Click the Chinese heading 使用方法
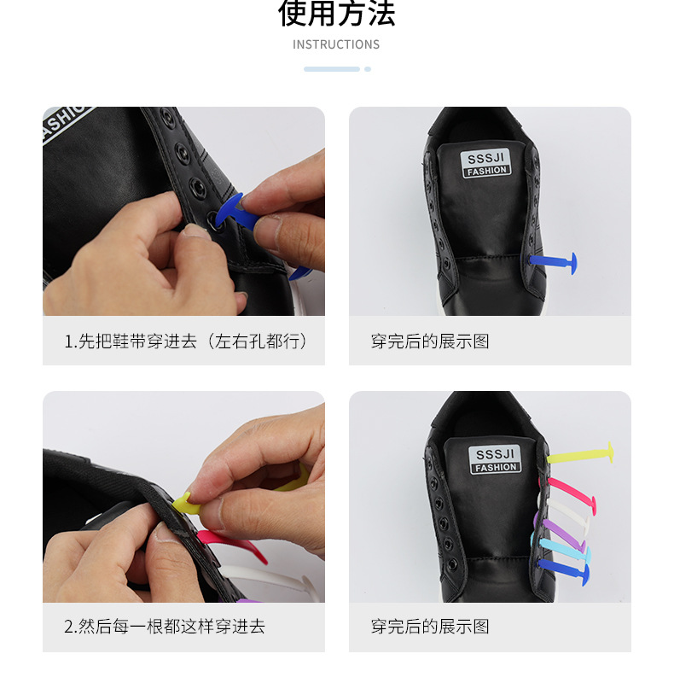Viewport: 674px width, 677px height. tap(336, 14)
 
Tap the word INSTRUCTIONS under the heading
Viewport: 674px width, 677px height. tap(336, 44)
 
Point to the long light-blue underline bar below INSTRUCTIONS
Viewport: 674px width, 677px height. tap(332, 69)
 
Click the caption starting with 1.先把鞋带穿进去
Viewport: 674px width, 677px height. tap(185, 341)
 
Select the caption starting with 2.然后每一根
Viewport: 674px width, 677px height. tap(165, 627)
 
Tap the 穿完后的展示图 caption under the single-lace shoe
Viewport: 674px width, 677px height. tap(430, 341)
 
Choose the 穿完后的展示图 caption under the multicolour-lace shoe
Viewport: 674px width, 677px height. tap(430, 627)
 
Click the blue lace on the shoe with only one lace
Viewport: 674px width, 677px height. tap(552, 260)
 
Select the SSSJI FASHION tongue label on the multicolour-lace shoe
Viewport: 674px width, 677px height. tap(496, 459)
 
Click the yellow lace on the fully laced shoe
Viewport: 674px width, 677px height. tap(580, 454)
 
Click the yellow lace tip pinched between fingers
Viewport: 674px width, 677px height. tap(186, 505)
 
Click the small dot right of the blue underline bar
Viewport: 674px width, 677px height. tap(368, 69)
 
